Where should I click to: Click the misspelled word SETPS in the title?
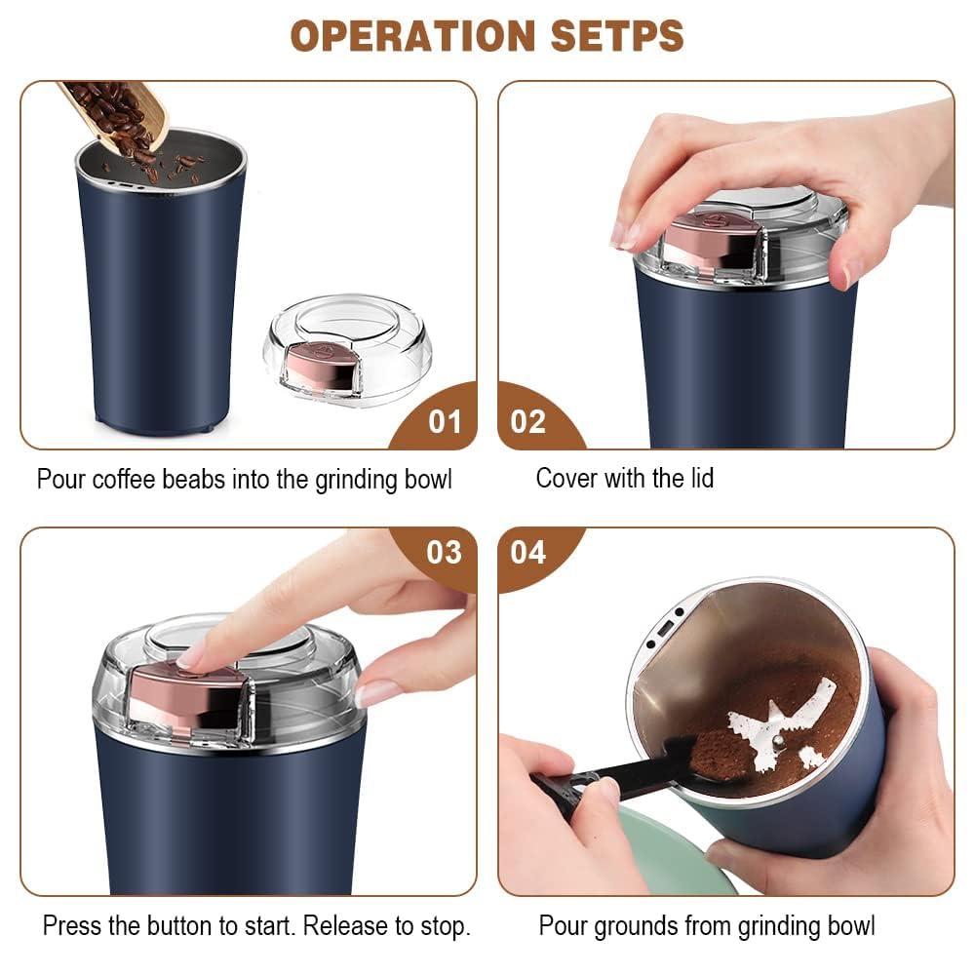click(x=615, y=36)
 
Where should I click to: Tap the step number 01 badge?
click(x=445, y=421)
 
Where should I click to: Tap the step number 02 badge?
click(x=528, y=421)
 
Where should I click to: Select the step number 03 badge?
click(x=445, y=553)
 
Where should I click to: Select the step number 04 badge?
click(x=528, y=553)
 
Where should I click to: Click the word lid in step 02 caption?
click(x=700, y=479)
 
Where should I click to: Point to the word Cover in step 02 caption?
click(x=566, y=479)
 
